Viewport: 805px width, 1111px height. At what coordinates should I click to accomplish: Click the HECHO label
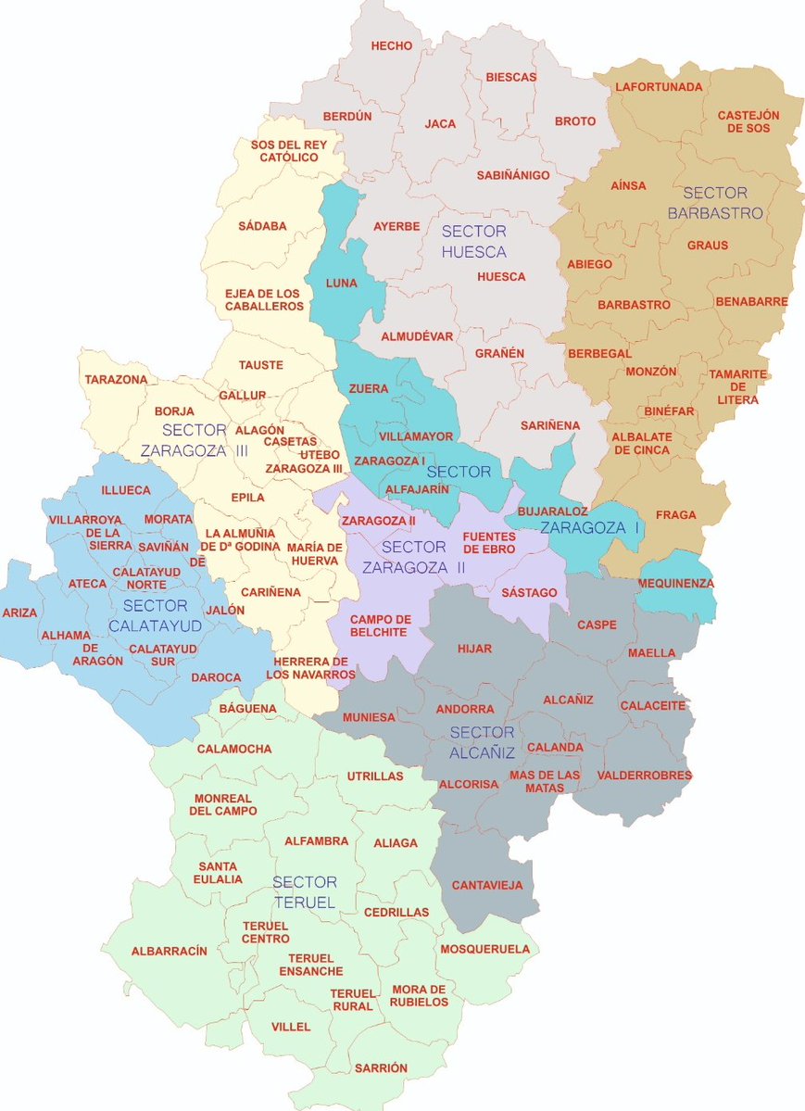(392, 45)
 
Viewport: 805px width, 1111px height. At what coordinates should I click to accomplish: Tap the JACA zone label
(440, 123)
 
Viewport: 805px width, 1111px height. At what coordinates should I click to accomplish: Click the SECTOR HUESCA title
(473, 241)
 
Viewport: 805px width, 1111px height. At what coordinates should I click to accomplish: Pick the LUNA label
(341, 283)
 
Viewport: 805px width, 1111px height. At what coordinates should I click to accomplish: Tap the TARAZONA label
(116, 380)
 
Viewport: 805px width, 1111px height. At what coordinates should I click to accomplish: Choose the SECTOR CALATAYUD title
(155, 616)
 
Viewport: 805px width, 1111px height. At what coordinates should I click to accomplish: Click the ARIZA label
(20, 613)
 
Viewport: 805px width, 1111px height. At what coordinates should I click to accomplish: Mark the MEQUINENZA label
(676, 584)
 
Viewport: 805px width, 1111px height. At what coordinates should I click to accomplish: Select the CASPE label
(597, 625)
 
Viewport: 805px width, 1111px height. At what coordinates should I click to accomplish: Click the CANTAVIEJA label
(487, 885)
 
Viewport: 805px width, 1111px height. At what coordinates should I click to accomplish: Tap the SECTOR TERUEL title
(305, 891)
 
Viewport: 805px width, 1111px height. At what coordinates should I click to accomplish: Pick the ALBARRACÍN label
(169, 951)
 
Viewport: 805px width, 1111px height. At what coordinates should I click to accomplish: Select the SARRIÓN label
(381, 1068)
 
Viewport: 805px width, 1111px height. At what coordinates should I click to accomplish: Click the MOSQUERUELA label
(484, 949)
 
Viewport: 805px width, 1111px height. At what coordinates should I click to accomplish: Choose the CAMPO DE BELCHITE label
(380, 625)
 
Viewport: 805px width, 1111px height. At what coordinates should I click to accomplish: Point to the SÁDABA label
(262, 225)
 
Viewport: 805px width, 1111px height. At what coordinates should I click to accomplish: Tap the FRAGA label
(675, 514)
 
